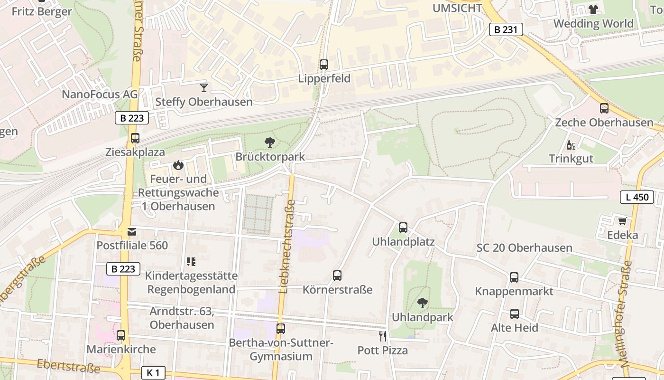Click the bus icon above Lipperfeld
324,65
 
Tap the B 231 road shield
506,29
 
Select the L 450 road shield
637,197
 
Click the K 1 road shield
153,373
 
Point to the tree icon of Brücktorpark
270,142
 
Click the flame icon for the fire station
178,165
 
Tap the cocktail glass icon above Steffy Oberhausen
204,87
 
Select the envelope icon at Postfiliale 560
132,232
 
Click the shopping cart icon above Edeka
622,221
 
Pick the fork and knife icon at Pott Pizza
383,336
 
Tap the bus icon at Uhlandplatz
403,228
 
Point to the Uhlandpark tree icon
422,303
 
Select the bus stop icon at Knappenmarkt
514,277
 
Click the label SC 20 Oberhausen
524,248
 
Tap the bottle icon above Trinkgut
571,145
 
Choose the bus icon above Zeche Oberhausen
604,108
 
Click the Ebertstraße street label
69,366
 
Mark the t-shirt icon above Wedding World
593,9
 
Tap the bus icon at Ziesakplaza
135,138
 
